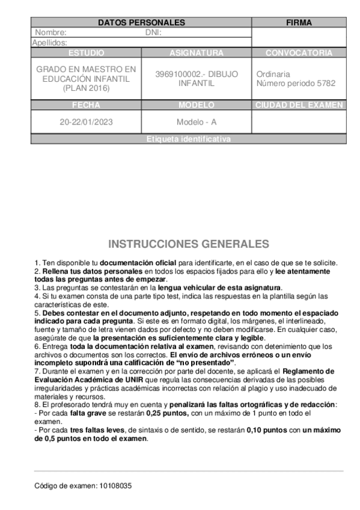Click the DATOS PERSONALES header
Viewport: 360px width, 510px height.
coord(141,23)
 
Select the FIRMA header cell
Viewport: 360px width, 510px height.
coord(299,23)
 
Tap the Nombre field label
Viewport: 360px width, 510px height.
coord(50,32)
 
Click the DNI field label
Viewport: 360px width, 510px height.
coord(154,32)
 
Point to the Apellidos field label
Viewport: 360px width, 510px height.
coord(49,43)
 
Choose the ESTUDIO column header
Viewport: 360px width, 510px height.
coord(86,53)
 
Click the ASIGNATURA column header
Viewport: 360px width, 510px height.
coord(197,53)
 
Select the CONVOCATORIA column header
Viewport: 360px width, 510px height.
coord(299,53)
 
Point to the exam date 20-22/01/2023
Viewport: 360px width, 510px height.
coord(86,121)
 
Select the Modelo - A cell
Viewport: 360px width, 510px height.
coord(197,121)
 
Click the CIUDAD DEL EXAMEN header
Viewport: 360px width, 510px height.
coord(299,105)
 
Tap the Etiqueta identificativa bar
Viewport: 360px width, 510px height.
coord(188,139)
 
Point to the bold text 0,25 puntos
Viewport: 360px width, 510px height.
coord(169,413)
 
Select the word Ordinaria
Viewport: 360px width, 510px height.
coord(273,74)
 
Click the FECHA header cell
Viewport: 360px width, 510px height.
coord(86,105)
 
